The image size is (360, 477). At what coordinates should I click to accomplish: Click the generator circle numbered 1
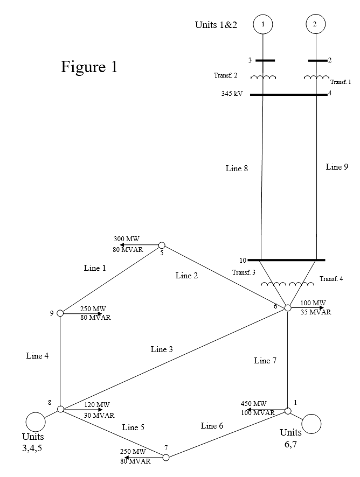coord(263,24)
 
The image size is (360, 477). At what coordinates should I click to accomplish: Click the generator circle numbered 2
coord(315,24)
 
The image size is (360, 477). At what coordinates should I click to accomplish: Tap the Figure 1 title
coord(89,67)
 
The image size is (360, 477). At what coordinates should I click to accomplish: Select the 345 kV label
coord(232,94)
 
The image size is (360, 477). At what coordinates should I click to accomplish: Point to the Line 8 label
coord(237,169)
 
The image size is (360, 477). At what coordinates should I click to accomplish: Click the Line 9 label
coord(337,167)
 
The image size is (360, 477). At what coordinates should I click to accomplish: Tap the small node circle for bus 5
coord(161,245)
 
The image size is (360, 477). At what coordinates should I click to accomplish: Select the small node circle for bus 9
coord(60,313)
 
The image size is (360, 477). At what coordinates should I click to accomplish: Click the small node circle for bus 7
coord(166,457)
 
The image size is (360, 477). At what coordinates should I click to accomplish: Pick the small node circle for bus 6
coord(288,307)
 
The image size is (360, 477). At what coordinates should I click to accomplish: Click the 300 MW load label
coord(127,238)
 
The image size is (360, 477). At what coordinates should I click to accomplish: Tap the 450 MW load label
coord(253,404)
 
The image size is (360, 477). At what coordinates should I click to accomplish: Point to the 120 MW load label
coord(97,405)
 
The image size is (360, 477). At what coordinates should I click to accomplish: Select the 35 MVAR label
coord(315,312)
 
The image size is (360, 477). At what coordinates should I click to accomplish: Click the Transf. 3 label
coord(244,272)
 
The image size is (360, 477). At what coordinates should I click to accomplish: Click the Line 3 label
coord(162,349)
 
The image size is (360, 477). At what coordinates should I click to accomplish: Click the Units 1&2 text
coord(216,25)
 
